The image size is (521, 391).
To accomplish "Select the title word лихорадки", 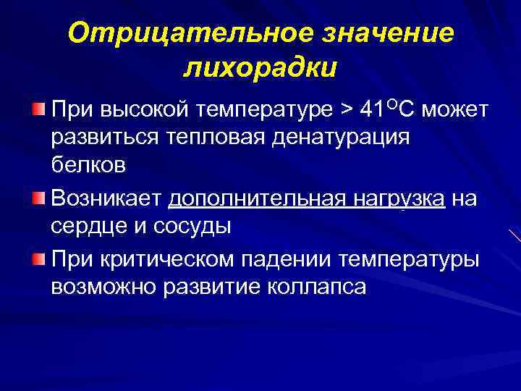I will click(260, 70).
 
